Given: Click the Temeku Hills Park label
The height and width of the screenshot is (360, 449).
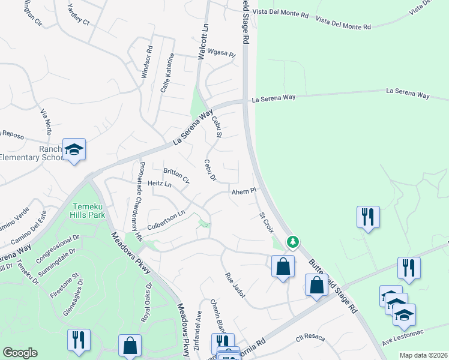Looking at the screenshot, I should click(x=88, y=209).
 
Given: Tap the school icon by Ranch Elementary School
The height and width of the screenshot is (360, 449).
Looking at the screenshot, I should click(x=74, y=150).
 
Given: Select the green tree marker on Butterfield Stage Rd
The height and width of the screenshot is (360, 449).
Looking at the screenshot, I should click(x=292, y=242).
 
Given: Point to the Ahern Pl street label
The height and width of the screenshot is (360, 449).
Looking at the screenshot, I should click(x=244, y=191).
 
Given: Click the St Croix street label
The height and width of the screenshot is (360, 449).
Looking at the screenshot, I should click(x=266, y=222).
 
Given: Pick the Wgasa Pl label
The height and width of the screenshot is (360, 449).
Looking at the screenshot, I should click(x=221, y=53).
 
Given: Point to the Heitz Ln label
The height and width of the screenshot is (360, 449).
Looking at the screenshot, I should click(x=159, y=184).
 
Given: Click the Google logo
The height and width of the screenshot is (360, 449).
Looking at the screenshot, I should click(x=20, y=353).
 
